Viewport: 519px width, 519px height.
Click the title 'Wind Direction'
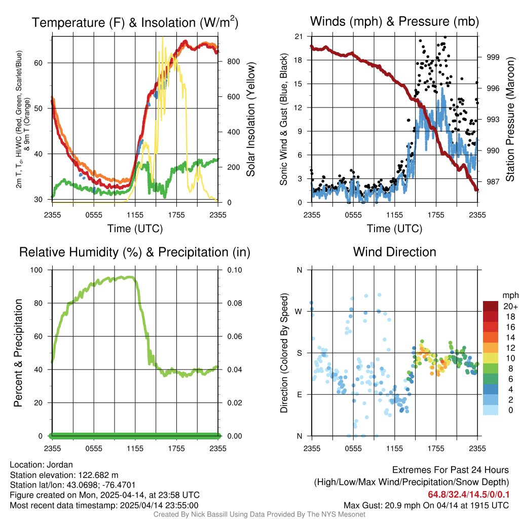[394, 252]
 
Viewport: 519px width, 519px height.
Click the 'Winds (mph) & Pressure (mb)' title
[394, 22]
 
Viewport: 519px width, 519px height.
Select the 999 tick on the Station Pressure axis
[493, 57]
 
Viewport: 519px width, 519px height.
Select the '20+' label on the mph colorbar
[509, 306]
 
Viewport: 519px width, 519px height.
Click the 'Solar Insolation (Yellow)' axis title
[251, 120]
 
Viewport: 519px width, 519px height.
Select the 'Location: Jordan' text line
[42, 465]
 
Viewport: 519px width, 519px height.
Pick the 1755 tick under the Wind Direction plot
[436, 448]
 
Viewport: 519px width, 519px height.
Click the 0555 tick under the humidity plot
[94, 448]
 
